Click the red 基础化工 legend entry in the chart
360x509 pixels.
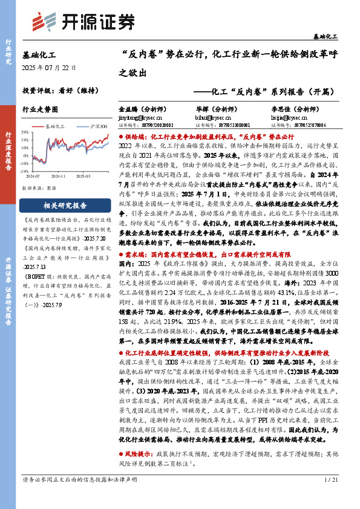pos(55,126)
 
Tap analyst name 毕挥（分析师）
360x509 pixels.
pos(201,109)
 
